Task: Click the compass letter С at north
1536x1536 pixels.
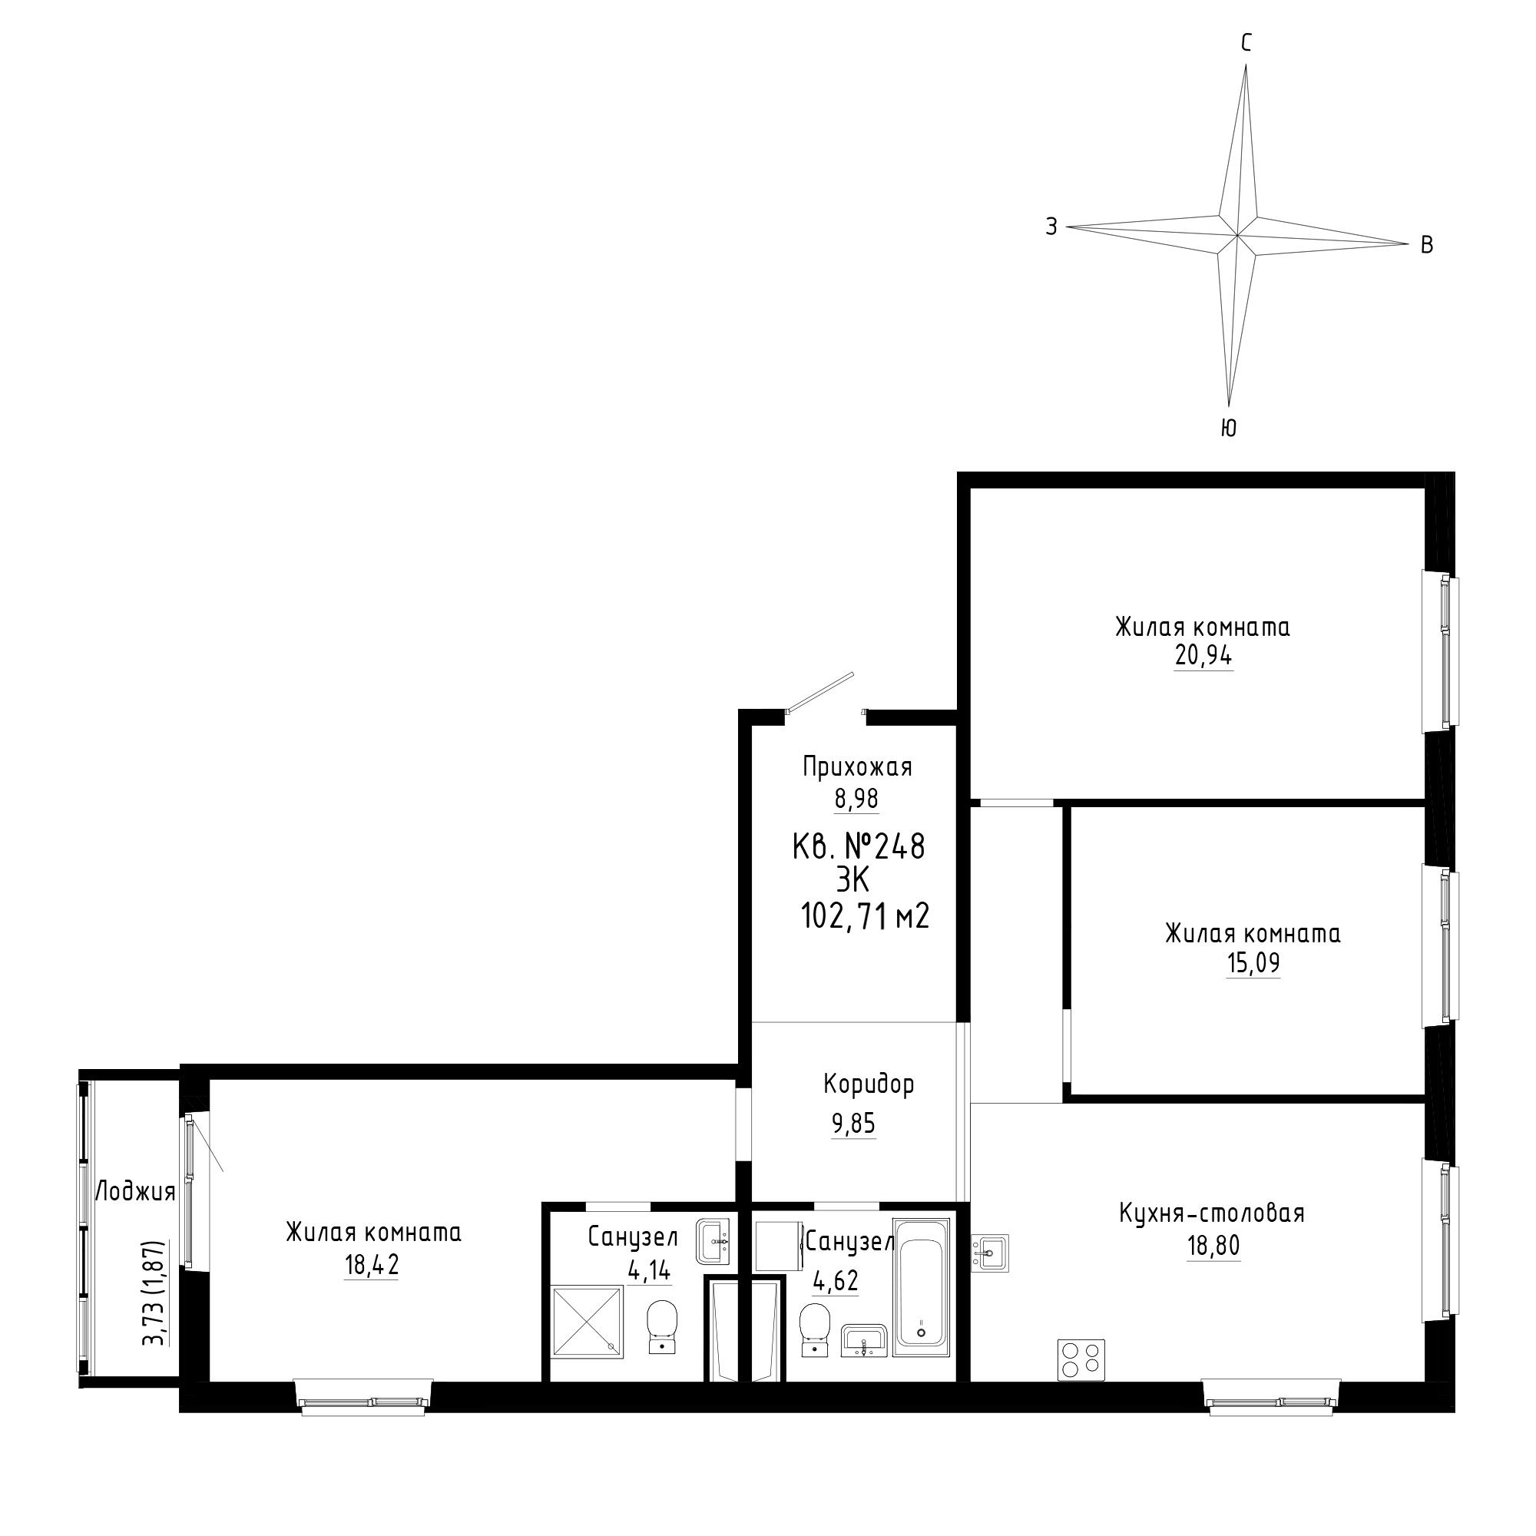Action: pos(1246,43)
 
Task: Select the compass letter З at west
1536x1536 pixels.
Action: pos(1051,227)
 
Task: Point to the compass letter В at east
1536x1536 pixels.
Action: pos(1427,246)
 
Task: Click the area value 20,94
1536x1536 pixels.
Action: pos(1203,657)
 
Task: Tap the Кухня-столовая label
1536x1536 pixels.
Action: pos(1212,1236)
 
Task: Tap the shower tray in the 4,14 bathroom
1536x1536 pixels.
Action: pos(588,1320)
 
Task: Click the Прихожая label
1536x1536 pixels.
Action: pos(857,767)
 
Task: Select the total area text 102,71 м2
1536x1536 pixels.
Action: pos(865,918)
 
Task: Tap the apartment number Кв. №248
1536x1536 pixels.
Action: pos(859,846)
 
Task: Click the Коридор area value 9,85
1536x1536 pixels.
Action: pos(854,1124)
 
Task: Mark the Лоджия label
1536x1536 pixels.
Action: pos(135,1193)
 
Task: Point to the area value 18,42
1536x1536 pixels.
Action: pos(371,1266)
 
